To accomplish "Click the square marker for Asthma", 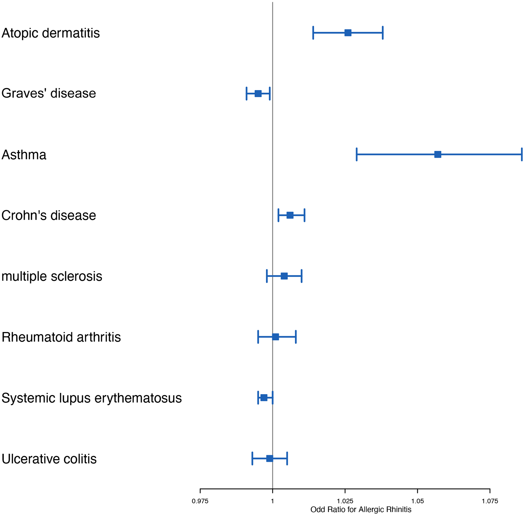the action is [438, 154].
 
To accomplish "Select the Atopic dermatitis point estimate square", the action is [348, 33].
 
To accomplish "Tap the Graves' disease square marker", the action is [258, 94].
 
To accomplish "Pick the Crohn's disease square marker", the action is [290, 215].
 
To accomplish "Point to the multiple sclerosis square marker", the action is [284, 276].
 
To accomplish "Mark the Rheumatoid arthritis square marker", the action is [275, 337].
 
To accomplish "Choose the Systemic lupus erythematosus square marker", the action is [264, 397].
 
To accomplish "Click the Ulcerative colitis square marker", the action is [270, 458].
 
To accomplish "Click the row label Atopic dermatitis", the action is [51, 33].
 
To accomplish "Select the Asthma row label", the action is [24, 155].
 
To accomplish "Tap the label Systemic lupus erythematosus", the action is [91, 398].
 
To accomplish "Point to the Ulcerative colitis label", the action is [49, 459].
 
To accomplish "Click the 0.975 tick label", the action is [200, 501].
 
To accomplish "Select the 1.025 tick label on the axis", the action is [345, 501].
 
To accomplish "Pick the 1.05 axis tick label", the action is [418, 501].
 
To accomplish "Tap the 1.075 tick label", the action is [490, 501].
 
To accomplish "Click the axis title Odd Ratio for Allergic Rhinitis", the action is [361, 510].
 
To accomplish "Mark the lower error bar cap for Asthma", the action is [357, 154].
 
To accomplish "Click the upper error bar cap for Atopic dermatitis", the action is [383, 33].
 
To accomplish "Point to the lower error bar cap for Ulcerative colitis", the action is [252, 458].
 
